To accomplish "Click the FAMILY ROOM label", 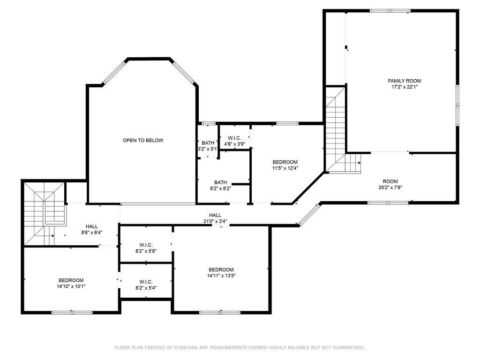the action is pos(404,81).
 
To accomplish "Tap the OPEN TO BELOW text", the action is pos(143,141).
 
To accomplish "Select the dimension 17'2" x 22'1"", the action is pos(405,87).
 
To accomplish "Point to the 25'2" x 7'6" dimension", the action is pos(390,187).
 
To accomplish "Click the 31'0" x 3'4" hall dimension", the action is pos(215,221).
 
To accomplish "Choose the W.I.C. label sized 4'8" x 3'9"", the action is pos(234,138).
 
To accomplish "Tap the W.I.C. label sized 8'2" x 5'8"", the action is pos(146,245).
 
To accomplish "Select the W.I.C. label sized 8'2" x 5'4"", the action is pos(146,282).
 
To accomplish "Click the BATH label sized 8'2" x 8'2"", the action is pos(220,182).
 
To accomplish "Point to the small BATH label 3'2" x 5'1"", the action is pos(208,143).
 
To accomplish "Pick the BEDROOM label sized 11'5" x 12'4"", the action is pos(285,162).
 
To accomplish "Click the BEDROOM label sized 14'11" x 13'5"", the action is pos(221,270).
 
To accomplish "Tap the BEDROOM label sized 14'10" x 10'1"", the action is pos(71,280).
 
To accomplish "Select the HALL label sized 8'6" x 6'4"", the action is pos(91,226).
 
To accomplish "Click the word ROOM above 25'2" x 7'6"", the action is pos(390,181).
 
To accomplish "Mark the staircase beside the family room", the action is pos(336,130).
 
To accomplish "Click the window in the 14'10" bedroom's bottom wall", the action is pos(72,313).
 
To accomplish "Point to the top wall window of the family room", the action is pos(390,11).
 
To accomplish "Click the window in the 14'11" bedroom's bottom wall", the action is pos(219,313).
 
